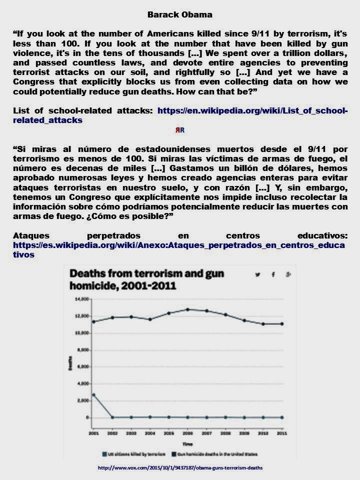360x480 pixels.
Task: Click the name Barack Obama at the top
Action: (180, 14)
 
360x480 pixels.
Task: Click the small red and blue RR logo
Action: (179, 130)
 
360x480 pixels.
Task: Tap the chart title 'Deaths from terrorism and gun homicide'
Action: (146, 279)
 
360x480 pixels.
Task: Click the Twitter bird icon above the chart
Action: (258, 274)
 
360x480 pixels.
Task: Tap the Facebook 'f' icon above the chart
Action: (273, 274)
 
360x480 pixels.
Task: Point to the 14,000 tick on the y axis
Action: (81, 299)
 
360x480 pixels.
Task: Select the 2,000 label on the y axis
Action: (83, 400)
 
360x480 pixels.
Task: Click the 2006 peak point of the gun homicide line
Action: (187, 309)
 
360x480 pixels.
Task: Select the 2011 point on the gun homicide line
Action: (282, 324)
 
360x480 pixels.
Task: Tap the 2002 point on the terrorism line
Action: (112, 417)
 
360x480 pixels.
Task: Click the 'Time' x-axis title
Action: (187, 443)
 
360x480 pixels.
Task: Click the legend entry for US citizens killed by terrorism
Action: (131, 454)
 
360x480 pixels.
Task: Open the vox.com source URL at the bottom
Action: (180, 468)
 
